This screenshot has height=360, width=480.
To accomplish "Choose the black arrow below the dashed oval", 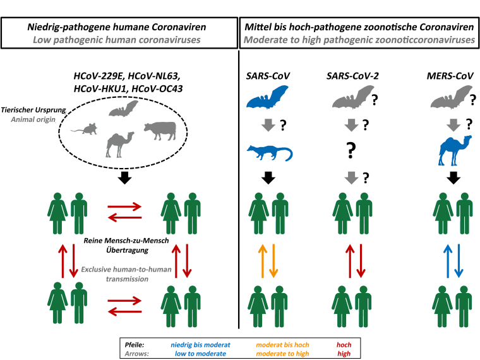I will (126, 178).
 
